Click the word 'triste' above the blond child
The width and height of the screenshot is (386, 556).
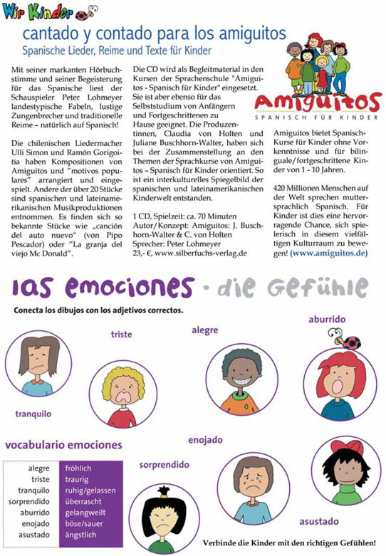121,334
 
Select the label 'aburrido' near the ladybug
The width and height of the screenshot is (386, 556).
326,320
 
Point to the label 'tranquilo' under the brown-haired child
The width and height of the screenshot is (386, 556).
33,414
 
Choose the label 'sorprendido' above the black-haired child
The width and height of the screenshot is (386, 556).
164,464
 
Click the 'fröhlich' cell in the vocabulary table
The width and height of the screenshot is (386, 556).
78,468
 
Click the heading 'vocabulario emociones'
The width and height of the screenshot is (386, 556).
63,445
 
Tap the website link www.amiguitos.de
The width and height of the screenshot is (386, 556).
329,253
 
